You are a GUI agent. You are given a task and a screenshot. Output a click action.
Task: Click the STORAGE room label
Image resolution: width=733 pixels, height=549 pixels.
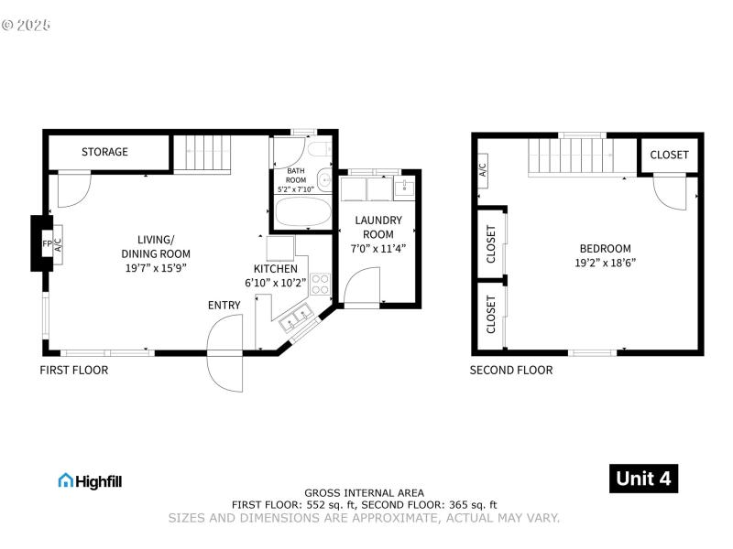tap(104, 152)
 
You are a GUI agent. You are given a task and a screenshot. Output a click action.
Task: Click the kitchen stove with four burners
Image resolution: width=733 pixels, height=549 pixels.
tap(320, 284)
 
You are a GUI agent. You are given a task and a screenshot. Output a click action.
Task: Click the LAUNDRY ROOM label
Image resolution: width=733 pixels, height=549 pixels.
tap(378, 227)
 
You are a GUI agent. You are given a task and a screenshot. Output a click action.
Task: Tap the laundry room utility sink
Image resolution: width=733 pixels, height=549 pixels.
tap(404, 188)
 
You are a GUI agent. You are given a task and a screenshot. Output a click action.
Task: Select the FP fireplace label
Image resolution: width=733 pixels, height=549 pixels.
tap(47, 244)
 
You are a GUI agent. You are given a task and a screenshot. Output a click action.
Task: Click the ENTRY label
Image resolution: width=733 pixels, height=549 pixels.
tap(224, 305)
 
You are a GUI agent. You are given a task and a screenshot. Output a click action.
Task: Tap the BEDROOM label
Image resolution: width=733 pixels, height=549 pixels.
tap(605, 248)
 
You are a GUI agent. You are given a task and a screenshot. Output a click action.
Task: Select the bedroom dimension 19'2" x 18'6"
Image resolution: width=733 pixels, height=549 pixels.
tap(605, 263)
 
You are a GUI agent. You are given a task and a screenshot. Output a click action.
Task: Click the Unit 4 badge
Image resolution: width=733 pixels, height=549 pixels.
tap(644, 479)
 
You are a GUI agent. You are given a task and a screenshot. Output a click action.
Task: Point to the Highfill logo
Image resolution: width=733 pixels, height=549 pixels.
tap(90, 480)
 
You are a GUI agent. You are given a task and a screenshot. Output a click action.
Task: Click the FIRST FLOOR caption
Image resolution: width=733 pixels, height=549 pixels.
tap(73, 371)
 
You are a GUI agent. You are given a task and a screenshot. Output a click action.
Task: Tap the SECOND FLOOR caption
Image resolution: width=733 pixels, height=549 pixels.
tap(511, 371)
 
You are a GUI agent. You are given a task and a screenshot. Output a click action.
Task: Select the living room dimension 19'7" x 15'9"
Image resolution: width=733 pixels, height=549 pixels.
tap(156, 269)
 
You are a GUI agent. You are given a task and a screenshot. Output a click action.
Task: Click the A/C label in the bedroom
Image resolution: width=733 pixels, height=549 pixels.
tap(482, 169)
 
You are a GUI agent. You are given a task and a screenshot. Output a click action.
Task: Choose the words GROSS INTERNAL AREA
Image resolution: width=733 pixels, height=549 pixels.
tap(364, 493)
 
